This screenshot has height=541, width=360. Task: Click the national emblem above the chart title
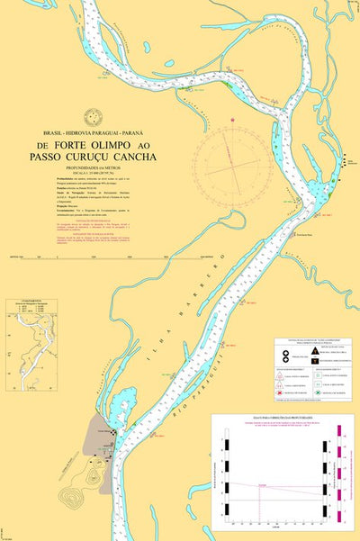coord(90,116)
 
